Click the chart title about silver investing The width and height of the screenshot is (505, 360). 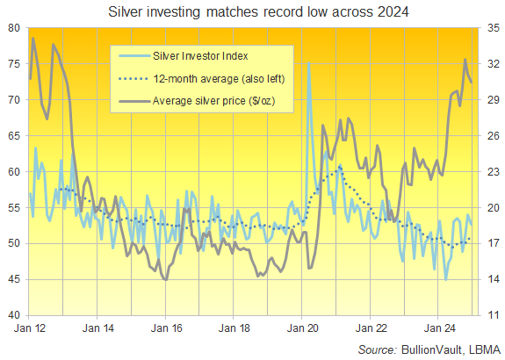point(251,13)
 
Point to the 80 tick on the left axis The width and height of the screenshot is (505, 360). point(15,28)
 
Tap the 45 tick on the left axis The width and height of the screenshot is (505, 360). point(15,279)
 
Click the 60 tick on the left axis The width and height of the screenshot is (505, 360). point(15,171)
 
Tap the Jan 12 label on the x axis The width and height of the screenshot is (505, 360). point(31,329)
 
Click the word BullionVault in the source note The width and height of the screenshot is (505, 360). point(429,349)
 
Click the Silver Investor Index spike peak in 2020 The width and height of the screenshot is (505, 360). point(307,63)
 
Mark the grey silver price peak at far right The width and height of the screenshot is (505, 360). point(465,60)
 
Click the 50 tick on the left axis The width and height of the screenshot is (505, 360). point(15,243)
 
